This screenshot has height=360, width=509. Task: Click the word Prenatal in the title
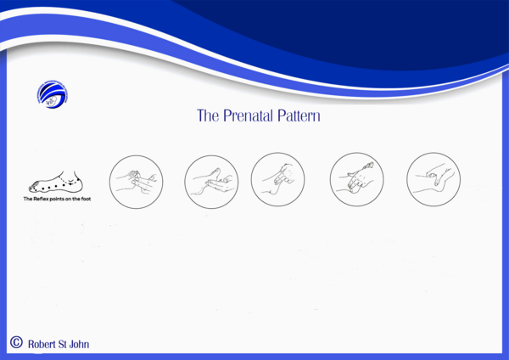point(251,115)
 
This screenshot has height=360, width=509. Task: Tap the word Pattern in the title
point(298,115)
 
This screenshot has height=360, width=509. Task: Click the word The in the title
point(208,115)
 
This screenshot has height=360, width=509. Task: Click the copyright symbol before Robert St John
point(15,342)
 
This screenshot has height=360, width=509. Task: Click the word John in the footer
point(79,344)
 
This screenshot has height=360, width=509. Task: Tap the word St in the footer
point(64,344)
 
